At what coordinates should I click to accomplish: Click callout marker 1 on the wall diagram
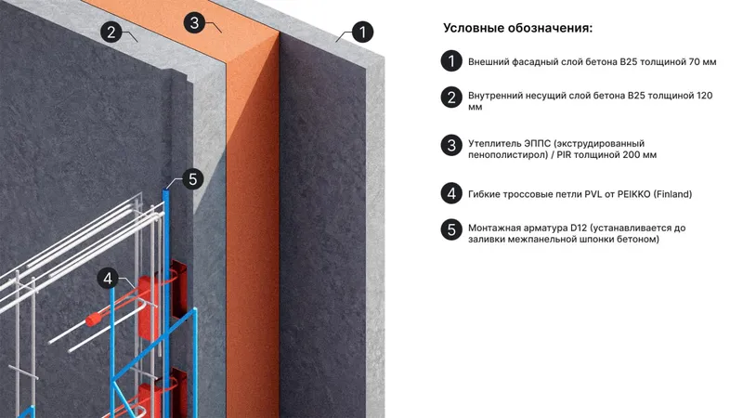tap(362, 33)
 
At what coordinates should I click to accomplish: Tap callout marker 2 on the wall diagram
tap(111, 32)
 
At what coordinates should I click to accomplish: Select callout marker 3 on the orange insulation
tap(194, 22)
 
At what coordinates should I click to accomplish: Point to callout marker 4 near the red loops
tap(108, 278)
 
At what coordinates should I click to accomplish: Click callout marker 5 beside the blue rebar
tap(192, 179)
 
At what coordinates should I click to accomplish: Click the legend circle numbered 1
tap(451, 61)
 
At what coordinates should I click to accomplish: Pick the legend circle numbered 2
tap(451, 98)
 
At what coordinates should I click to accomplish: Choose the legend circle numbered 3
tap(451, 146)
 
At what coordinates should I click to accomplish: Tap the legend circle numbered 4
tap(451, 193)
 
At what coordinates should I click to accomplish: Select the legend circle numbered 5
tap(451, 229)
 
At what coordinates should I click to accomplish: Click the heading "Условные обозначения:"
tap(518, 29)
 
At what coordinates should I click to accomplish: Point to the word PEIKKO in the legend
tap(633, 194)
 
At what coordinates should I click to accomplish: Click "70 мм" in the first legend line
tap(703, 61)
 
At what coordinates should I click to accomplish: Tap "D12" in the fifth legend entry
tap(579, 228)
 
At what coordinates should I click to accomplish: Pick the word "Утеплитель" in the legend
tap(495, 144)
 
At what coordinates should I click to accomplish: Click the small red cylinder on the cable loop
tap(94, 320)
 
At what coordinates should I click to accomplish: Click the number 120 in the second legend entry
tap(704, 96)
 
